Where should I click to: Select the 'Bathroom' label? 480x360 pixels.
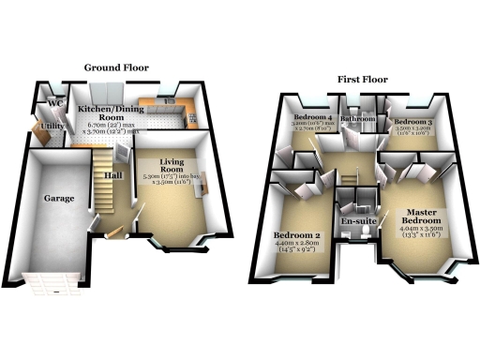(357, 120)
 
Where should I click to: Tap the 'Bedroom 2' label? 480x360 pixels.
(297, 235)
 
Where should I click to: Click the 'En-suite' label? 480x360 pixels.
(356, 222)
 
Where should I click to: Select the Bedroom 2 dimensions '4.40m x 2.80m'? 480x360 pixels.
(297, 248)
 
